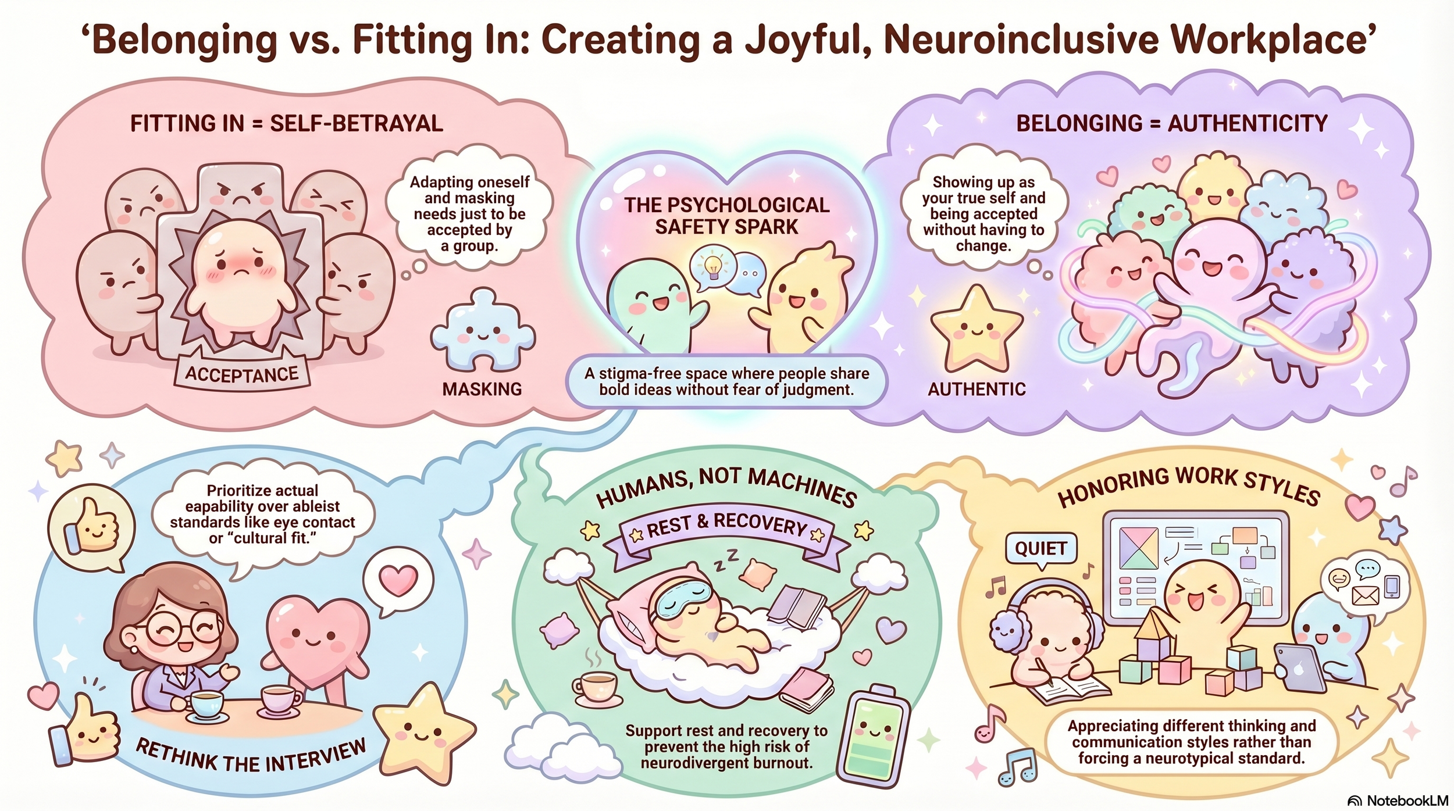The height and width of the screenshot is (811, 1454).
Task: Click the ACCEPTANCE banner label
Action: pyautogui.click(x=241, y=374)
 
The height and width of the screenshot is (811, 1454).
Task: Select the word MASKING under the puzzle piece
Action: pyautogui.click(x=482, y=389)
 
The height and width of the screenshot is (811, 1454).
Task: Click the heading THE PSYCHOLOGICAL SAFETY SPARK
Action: pyautogui.click(x=726, y=216)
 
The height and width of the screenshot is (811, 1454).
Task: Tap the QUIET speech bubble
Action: pyautogui.click(x=1040, y=548)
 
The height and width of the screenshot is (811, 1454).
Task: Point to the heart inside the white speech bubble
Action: pyautogui.click(x=398, y=580)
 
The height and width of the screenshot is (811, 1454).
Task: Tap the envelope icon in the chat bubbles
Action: pyautogui.click(x=1365, y=595)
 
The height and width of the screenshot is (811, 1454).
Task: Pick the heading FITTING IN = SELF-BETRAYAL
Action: pyautogui.click(x=286, y=123)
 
